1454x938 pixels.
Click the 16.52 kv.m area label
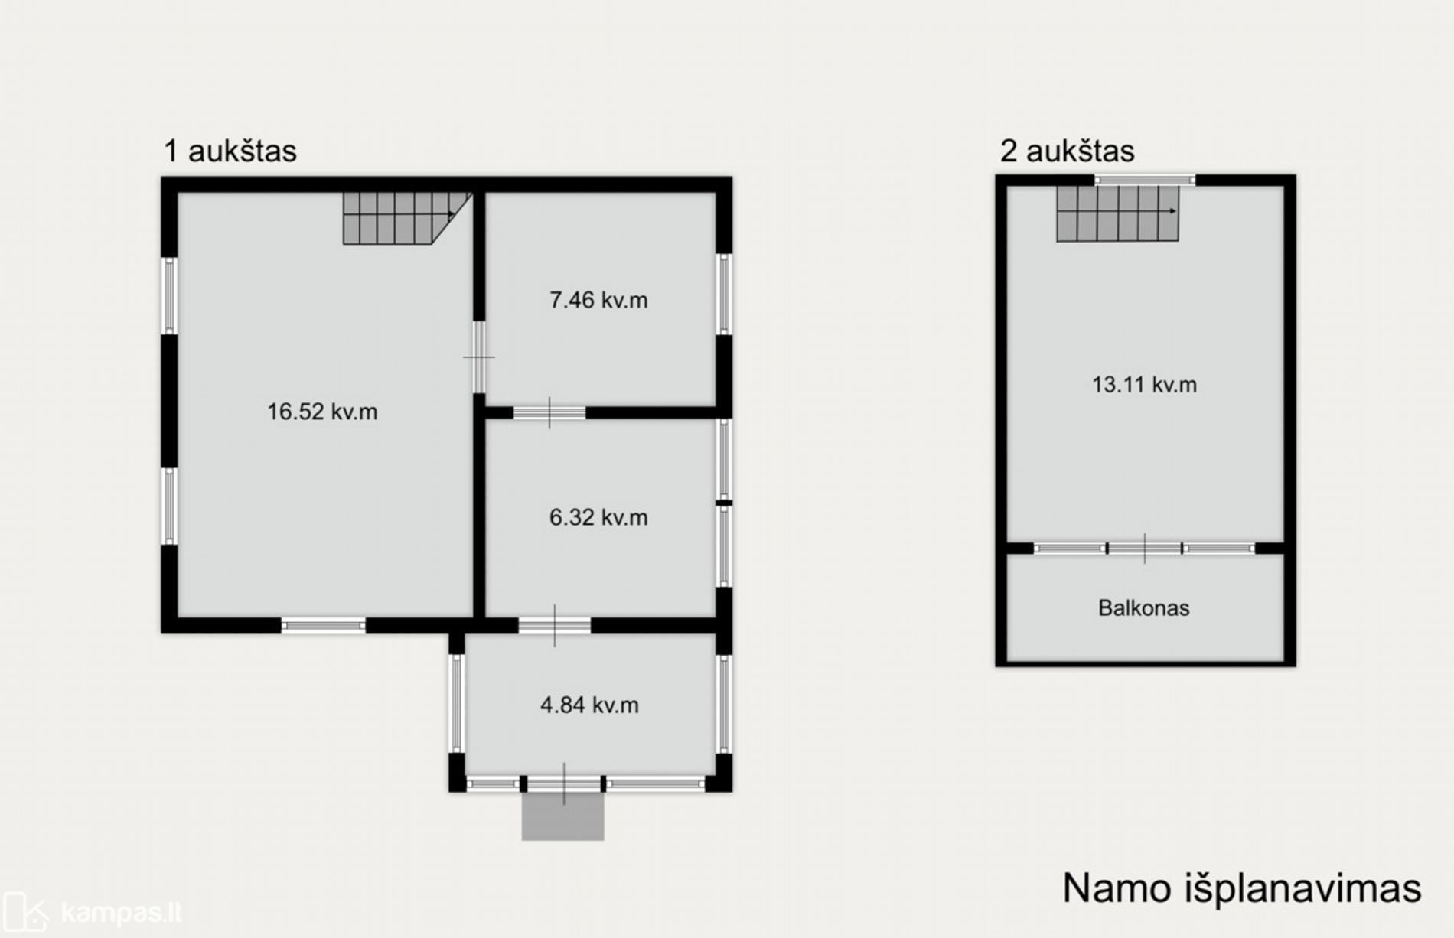(x=322, y=412)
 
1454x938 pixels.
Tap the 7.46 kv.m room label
(x=598, y=300)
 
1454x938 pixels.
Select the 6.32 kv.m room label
(x=598, y=517)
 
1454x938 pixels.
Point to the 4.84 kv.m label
(x=589, y=705)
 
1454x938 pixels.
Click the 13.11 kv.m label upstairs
(x=1144, y=384)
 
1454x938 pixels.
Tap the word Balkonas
(x=1144, y=608)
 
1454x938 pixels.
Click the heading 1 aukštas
(x=230, y=151)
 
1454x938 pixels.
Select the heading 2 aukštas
(x=1067, y=151)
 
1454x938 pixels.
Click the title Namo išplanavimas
(x=1242, y=888)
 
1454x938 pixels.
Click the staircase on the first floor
(x=406, y=218)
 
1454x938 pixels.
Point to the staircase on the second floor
(x=1117, y=213)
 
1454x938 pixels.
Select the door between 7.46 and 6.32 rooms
(x=549, y=413)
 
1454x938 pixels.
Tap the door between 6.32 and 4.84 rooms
(x=555, y=626)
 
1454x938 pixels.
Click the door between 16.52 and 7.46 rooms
(x=479, y=357)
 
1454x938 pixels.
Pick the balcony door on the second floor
(x=1145, y=549)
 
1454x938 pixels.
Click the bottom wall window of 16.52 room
(x=324, y=626)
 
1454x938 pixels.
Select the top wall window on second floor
(x=1145, y=181)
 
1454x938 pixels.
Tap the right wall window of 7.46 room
(x=724, y=294)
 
